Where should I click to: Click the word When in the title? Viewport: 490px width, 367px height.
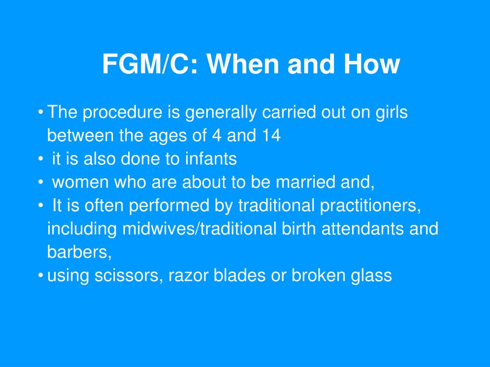coord(243,64)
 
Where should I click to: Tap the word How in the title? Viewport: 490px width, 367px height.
coord(372,64)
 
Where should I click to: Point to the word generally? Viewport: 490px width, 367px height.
coord(221,113)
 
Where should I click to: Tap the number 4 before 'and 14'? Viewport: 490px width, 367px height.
coord(217,135)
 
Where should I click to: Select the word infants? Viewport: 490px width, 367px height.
coord(211,158)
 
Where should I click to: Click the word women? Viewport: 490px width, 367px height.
coord(80,182)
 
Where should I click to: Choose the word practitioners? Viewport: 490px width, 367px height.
coord(371,205)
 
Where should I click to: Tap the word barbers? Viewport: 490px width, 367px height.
coord(79,252)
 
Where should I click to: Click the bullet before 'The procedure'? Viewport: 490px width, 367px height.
coord(40,112)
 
